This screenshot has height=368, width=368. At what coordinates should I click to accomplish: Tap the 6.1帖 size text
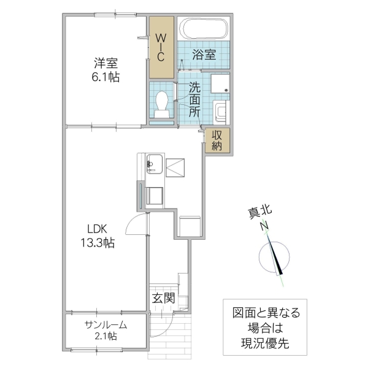pyautogui.click(x=106, y=77)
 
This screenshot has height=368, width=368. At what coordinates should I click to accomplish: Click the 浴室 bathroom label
pyautogui.click(x=203, y=55)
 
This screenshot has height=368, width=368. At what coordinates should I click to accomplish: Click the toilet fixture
pyautogui.click(x=163, y=104)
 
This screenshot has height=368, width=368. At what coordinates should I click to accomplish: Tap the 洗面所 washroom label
pyautogui.click(x=194, y=99)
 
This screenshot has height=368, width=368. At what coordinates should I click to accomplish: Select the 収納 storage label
pyautogui.click(x=217, y=140)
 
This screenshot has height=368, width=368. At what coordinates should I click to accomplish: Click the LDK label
pyautogui.click(x=97, y=229)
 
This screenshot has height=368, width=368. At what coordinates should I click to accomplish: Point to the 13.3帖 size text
pyautogui.click(x=97, y=243)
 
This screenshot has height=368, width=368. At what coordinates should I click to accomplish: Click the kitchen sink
pyautogui.click(x=153, y=164)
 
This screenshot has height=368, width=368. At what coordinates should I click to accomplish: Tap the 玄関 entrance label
pyautogui.click(x=164, y=299)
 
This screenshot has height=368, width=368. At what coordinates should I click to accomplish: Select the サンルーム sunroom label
pyautogui.click(x=105, y=324)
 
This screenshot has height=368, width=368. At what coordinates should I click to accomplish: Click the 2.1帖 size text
pyautogui.click(x=105, y=337)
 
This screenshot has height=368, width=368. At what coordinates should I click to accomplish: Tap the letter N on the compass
pyautogui.click(x=265, y=226)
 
